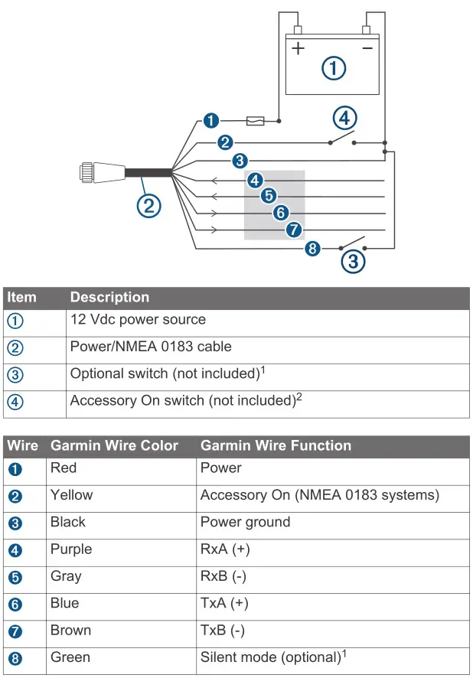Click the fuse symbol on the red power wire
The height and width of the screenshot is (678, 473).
point(256,120)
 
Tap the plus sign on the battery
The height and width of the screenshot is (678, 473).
point(298,49)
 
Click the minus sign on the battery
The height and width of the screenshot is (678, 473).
point(367,48)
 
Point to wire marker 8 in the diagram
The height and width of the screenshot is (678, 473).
point(312,249)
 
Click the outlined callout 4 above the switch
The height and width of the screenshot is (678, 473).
point(344,118)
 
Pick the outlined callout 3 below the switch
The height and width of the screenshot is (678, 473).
point(352,261)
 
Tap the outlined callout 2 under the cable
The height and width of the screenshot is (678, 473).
point(148,204)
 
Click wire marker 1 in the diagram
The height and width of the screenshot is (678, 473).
point(211,120)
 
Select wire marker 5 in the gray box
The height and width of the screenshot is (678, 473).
point(268,196)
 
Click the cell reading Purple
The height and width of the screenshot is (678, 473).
point(71,549)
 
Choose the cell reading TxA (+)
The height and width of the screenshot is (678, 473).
point(224,603)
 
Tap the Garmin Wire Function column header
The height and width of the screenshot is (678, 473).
point(276,445)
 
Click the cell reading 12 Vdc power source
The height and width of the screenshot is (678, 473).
point(138,319)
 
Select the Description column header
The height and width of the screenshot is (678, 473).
point(109,297)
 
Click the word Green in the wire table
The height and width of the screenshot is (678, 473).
point(70,657)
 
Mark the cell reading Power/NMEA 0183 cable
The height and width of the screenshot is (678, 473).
point(151,347)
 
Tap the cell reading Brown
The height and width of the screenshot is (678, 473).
point(70,631)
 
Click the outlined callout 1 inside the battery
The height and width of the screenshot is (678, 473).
point(332,68)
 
